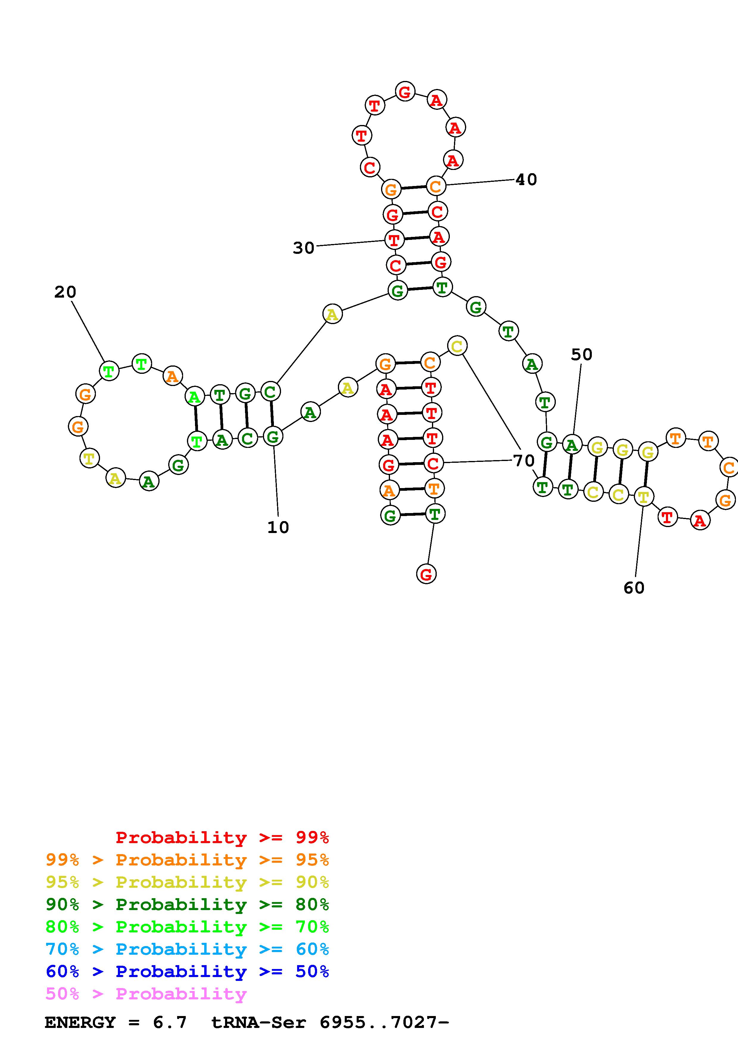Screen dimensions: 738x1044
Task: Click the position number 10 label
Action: (278, 527)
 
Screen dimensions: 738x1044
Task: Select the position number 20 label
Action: (65, 292)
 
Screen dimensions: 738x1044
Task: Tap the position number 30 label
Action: (303, 248)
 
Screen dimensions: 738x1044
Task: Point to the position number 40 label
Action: (526, 180)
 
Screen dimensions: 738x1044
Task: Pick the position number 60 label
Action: (634, 588)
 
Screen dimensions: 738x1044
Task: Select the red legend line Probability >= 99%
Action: (222, 837)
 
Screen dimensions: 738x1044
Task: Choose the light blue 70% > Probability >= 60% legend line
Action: (187, 949)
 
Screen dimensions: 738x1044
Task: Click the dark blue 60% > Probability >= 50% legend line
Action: (187, 971)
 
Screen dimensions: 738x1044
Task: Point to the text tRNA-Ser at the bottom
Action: (259, 1022)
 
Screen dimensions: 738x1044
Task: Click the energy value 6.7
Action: (170, 1022)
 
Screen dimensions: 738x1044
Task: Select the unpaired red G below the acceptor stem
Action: (426, 574)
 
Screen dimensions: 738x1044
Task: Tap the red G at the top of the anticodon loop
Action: (404, 92)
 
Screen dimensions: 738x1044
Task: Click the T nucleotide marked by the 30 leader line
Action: (394, 240)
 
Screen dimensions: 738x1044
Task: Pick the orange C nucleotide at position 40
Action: (436, 186)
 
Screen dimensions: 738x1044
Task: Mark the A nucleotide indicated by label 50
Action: (572, 445)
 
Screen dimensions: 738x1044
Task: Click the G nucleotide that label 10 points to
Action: (273, 437)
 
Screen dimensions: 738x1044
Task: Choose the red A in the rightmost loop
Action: (700, 521)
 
